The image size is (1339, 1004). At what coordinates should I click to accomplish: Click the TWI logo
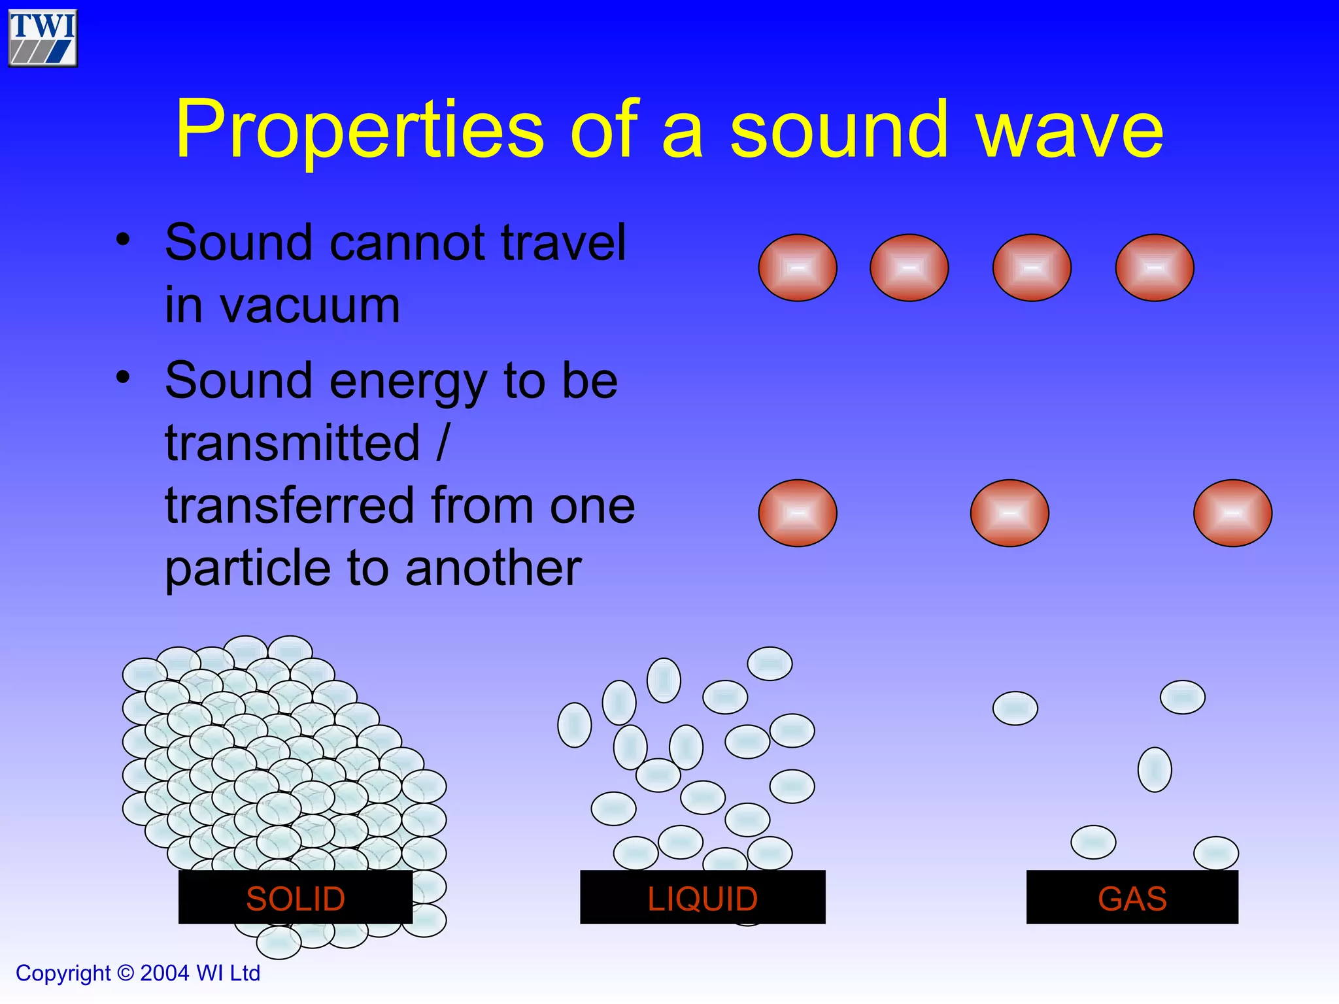42,38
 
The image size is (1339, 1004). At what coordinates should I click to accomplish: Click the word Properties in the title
359,129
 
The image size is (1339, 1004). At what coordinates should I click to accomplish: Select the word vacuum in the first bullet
282,305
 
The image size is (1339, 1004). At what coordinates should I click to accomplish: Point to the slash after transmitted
443,443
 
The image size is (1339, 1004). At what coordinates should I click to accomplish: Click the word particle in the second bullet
248,568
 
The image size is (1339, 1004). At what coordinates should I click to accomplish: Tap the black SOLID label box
295,897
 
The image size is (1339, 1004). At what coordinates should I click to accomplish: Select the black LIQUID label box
702,897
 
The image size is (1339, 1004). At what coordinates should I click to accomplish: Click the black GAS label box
1132,897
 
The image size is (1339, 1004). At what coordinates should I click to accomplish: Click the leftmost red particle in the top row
798,268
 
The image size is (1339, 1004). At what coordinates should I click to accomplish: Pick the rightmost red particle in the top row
1155,268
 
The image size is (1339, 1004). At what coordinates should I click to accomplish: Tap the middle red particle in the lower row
1009,513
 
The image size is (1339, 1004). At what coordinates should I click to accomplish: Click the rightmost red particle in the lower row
1232,513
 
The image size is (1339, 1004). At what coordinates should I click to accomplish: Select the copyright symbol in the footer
126,973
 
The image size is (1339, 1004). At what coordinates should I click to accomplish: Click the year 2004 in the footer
165,973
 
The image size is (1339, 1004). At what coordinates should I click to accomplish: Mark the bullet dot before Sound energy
123,377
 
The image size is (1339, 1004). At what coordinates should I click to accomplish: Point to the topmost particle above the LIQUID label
770,663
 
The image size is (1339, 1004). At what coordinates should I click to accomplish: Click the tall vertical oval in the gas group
1155,769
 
